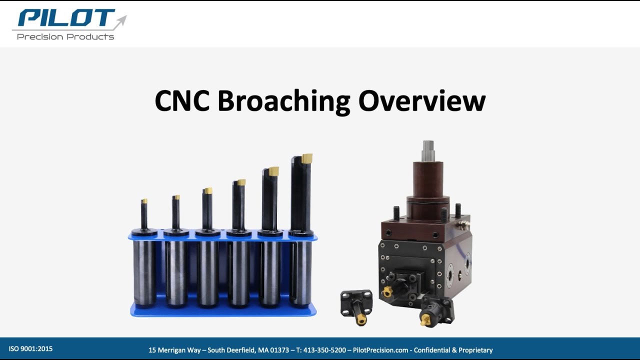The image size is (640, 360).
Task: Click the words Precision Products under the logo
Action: [65, 37]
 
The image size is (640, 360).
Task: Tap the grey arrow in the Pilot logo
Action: [120, 22]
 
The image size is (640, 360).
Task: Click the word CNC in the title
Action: [182, 101]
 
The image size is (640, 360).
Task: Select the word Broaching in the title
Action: [284, 101]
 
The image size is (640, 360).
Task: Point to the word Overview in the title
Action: [422, 101]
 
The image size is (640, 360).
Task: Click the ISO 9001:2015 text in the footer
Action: [30, 349]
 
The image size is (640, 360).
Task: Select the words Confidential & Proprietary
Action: [453, 350]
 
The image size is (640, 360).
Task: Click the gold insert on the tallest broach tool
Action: [306, 158]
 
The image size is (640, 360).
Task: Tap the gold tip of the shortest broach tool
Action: [144, 201]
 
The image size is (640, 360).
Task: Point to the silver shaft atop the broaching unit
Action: [427, 150]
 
